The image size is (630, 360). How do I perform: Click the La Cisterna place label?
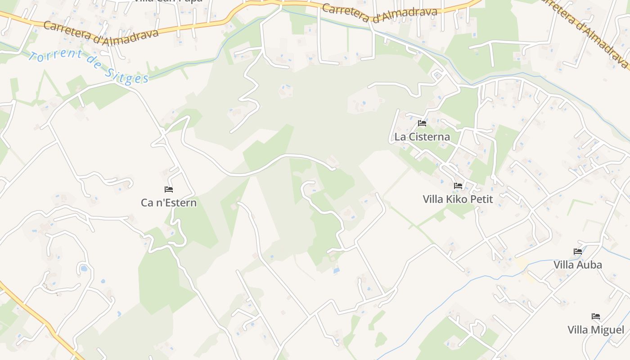coord(422,137)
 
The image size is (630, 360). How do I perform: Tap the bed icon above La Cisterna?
coord(422,123)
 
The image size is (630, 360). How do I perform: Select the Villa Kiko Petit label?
coord(458,199)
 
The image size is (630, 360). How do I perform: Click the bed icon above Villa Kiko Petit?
coord(458,185)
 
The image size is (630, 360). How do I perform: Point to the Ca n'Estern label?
coord(169,202)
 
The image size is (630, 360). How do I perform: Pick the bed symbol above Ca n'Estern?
coord(169,189)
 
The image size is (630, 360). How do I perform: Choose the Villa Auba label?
coord(578,265)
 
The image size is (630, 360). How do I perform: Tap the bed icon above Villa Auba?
coord(578,252)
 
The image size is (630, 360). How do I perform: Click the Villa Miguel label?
coord(596,330)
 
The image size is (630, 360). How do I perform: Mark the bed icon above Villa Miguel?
coord(596,316)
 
